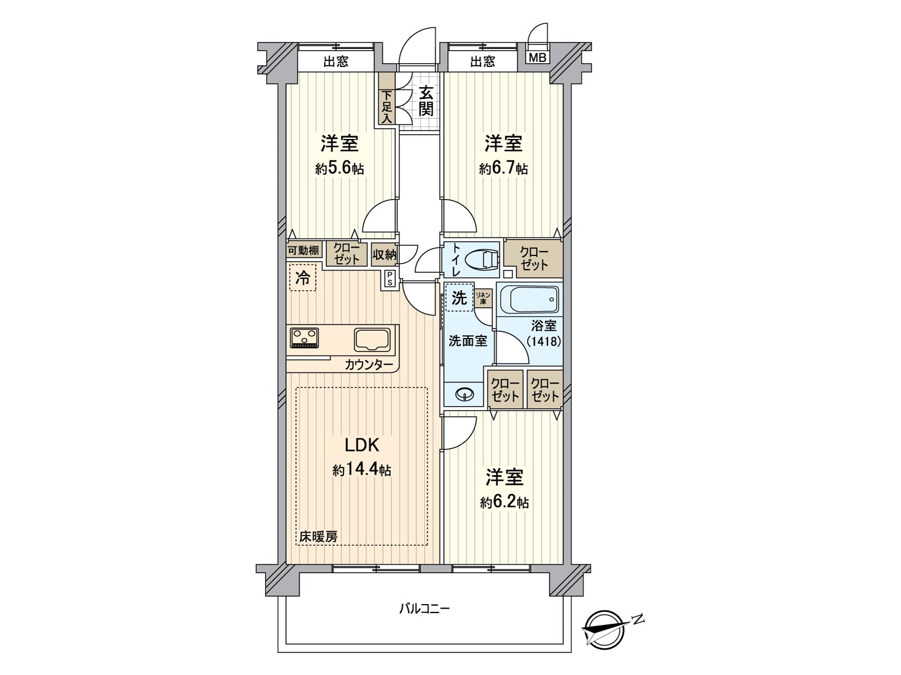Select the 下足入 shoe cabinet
pos(387,106)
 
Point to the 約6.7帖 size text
pos(503,169)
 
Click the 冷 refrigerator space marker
pos(303,278)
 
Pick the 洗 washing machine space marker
pos(459,298)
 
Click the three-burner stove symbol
pos(305,338)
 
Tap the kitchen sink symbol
pos(372,340)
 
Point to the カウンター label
pos(369,364)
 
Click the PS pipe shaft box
pos(389,278)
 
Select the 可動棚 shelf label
pos(304,250)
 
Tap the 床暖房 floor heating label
pos(318,537)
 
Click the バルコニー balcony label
pos(424,609)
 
